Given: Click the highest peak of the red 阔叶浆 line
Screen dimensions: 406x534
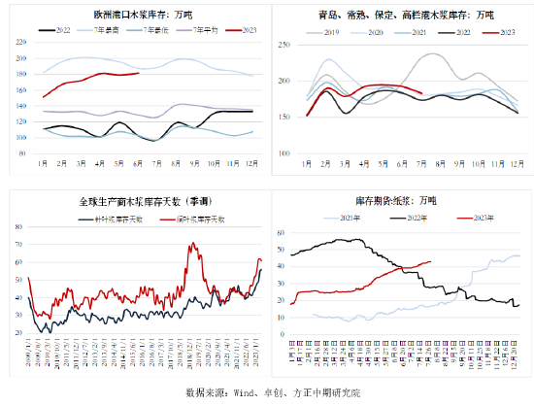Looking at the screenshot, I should point(192,243).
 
